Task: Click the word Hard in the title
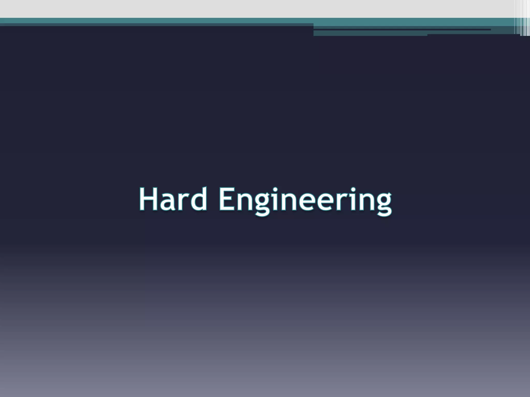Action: [x=173, y=199]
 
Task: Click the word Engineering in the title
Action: [x=305, y=201]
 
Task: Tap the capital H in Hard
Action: [x=148, y=199]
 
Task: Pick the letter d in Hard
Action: [x=197, y=199]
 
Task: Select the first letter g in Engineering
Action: [x=263, y=205]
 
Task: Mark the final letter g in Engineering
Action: [x=382, y=205]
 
